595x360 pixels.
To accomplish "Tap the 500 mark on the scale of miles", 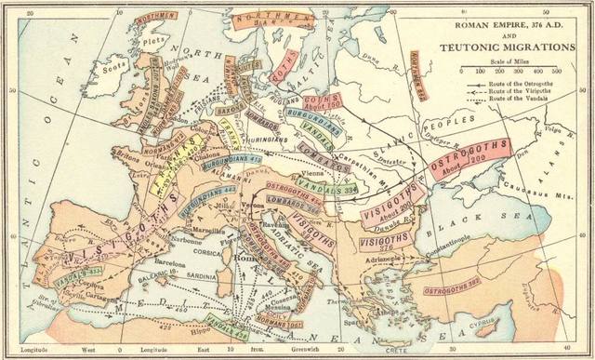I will pyautogui.click(x=556, y=70).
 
